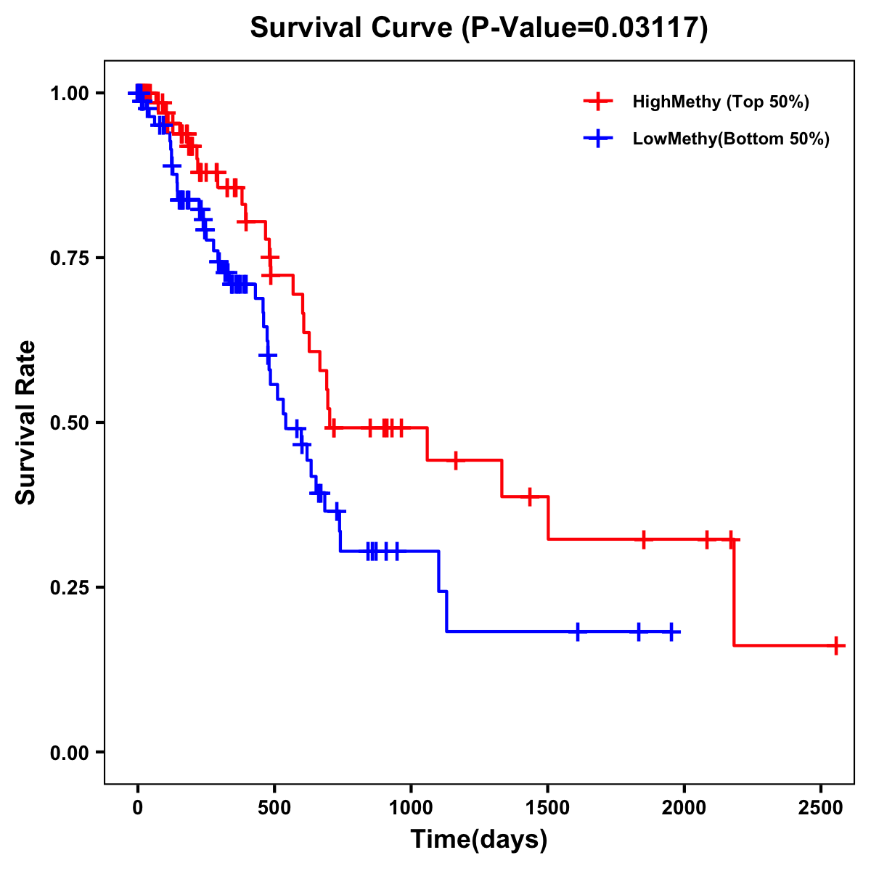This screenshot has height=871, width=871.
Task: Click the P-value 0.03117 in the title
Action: pos(647,28)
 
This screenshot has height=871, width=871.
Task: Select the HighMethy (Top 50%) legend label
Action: pos(720,102)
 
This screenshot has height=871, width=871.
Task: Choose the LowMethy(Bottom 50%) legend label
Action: pos(730,139)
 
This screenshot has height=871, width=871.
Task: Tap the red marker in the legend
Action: pos(598,102)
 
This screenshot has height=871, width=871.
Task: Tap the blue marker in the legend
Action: pos(598,139)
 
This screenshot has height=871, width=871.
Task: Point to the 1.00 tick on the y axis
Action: pos(68,93)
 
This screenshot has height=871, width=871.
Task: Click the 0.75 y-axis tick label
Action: pos(68,258)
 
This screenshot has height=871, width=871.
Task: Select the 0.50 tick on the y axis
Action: pos(68,422)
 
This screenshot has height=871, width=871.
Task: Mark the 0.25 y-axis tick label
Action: pos(68,587)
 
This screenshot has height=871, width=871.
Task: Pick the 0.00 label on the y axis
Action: pos(68,752)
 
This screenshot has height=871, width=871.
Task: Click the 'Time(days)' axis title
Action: pos(479,840)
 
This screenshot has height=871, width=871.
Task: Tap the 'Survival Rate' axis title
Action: pos(27,422)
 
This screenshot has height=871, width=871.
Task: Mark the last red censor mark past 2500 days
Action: pos(836,645)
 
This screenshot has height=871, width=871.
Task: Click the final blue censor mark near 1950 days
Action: pos(671,632)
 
